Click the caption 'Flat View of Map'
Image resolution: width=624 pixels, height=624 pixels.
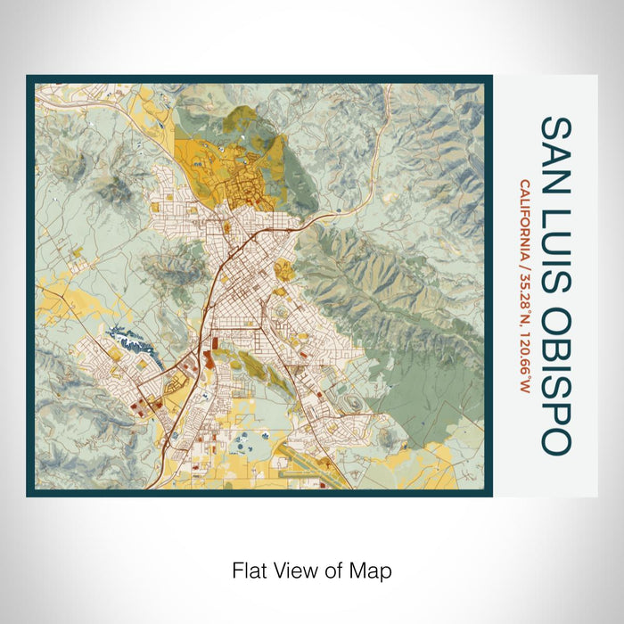click(312, 570)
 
